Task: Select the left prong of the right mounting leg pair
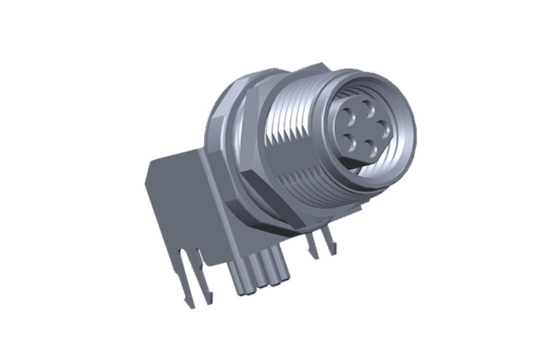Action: (x=314, y=247)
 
